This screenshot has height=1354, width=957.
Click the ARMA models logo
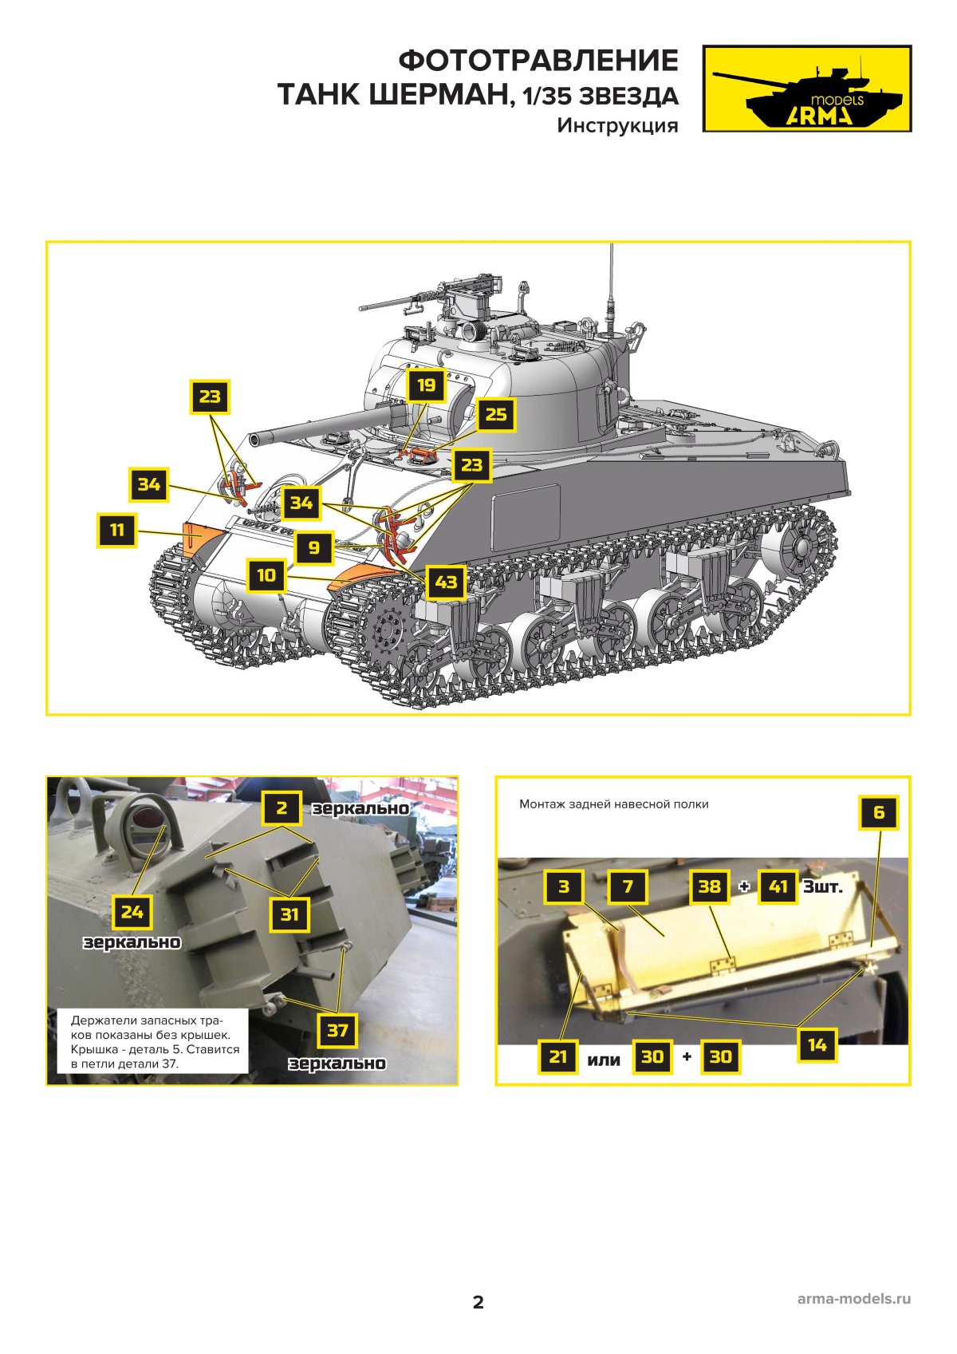tap(806, 89)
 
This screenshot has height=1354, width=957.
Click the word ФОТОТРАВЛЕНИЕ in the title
tap(538, 61)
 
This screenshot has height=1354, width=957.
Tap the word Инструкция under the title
tap(617, 125)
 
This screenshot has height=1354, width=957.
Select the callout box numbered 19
tap(426, 385)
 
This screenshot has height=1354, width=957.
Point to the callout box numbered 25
tap(496, 414)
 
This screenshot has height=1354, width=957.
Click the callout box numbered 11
tap(116, 530)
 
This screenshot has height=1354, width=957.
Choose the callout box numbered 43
tap(447, 582)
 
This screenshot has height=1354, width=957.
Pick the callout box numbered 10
tap(266, 574)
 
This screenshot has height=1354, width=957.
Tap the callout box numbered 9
tap(314, 547)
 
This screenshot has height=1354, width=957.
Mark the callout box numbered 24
tap(132, 911)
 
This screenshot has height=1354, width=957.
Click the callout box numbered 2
tap(282, 807)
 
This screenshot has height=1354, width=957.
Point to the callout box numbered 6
tap(879, 811)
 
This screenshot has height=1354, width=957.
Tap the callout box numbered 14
tap(817, 1045)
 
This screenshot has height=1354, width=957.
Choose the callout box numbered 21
tap(557, 1056)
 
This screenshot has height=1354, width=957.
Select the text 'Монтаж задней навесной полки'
tap(614, 804)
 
